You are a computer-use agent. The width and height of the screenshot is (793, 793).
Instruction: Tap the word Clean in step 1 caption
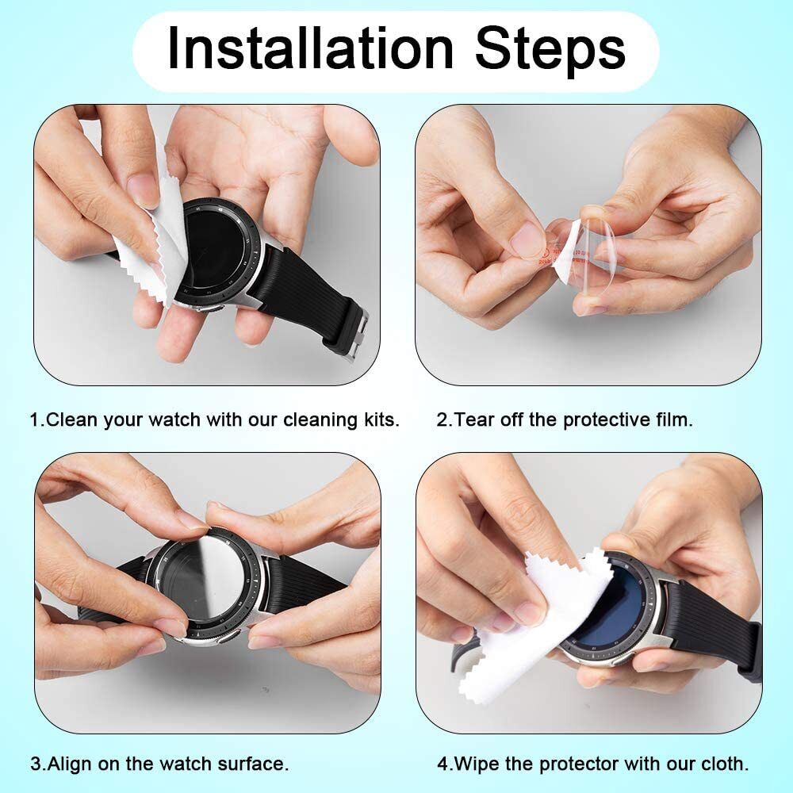tap(71, 419)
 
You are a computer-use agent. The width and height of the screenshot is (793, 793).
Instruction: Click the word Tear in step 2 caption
tap(476, 419)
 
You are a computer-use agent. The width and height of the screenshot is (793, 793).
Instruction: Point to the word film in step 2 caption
tap(673, 419)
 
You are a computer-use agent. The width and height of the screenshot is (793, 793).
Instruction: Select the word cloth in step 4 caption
tap(723, 764)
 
